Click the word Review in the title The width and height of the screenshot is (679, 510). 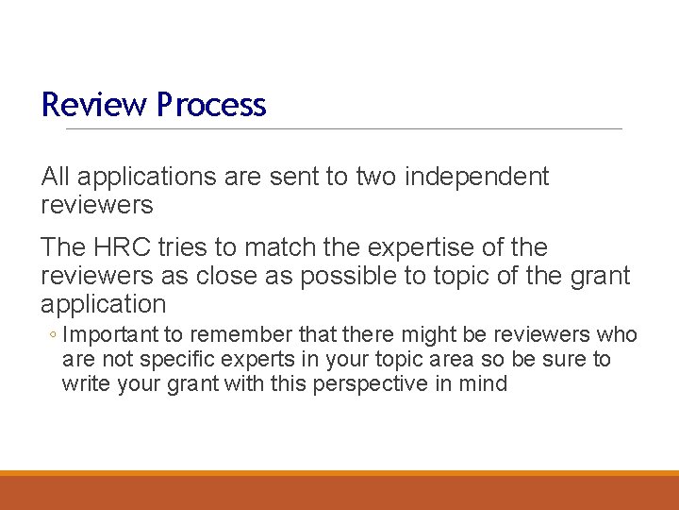pos(82,105)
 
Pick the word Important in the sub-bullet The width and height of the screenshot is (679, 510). pos(108,335)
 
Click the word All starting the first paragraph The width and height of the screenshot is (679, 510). pos(56,177)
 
